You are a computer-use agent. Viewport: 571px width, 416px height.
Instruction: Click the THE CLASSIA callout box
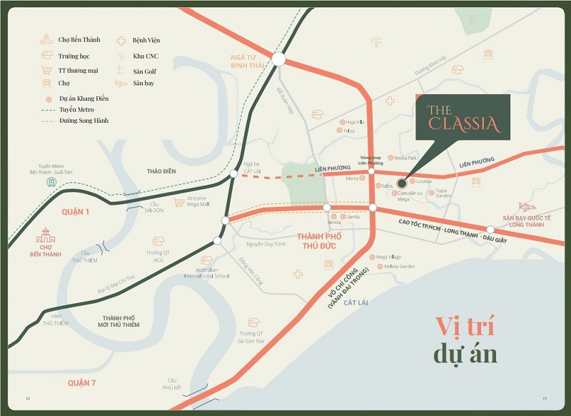[x=463, y=118]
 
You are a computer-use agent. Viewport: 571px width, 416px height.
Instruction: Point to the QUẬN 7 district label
[x=82, y=383]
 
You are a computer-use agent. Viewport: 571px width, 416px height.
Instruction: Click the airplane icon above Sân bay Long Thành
[x=527, y=207]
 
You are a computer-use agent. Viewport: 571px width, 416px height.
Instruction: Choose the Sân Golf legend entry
[x=144, y=71]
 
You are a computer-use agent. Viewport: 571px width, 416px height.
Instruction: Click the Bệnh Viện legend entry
[x=146, y=41]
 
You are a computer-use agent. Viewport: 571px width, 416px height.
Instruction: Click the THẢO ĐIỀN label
[x=161, y=172]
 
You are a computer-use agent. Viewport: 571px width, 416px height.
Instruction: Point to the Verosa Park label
[x=405, y=158]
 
